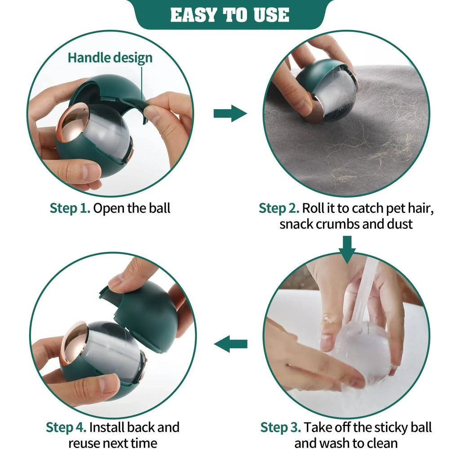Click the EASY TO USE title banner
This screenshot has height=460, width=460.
pos(230,15)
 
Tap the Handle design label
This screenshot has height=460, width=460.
pos(110,57)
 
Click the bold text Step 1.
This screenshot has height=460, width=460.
pos(70,208)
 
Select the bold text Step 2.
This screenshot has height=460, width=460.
pos(279,208)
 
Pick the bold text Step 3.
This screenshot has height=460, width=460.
pos(281,427)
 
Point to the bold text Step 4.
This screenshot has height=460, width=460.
pos(66,427)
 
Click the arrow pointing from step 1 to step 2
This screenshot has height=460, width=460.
pos(230,114)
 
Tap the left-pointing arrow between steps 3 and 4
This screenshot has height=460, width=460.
pos(230,345)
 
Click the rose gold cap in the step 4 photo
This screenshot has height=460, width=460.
pos(74,343)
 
